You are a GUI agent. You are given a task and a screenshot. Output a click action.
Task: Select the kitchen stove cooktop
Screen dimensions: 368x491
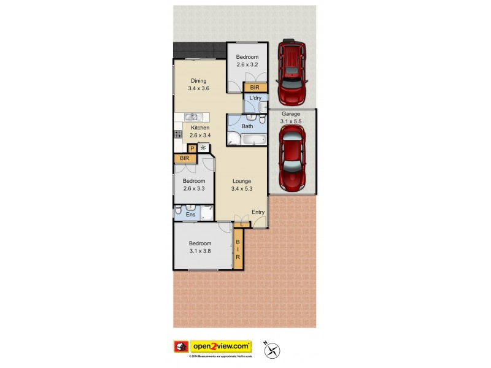point(178,134)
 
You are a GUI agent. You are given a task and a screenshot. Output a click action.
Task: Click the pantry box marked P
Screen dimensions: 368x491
point(192,148)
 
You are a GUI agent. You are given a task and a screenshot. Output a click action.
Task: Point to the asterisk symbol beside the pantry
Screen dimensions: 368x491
point(203,148)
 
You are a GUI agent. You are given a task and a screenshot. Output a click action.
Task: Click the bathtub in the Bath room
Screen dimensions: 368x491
point(252,140)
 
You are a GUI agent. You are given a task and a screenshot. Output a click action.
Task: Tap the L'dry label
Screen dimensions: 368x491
point(255,98)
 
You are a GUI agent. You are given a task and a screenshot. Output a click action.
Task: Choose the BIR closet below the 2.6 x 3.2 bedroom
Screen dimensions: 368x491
point(255,88)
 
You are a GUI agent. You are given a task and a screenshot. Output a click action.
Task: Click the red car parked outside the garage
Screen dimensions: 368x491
point(292,72)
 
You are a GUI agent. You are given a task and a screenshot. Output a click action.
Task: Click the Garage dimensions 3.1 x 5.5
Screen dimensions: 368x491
point(291,121)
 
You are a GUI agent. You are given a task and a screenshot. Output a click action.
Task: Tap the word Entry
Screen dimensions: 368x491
point(258,212)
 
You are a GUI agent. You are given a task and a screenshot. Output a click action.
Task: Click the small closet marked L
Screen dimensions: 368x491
point(242,224)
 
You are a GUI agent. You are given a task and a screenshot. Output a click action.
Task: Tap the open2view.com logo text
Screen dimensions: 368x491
point(222,346)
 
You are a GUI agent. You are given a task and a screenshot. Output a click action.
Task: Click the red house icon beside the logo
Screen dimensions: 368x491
point(181,347)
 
